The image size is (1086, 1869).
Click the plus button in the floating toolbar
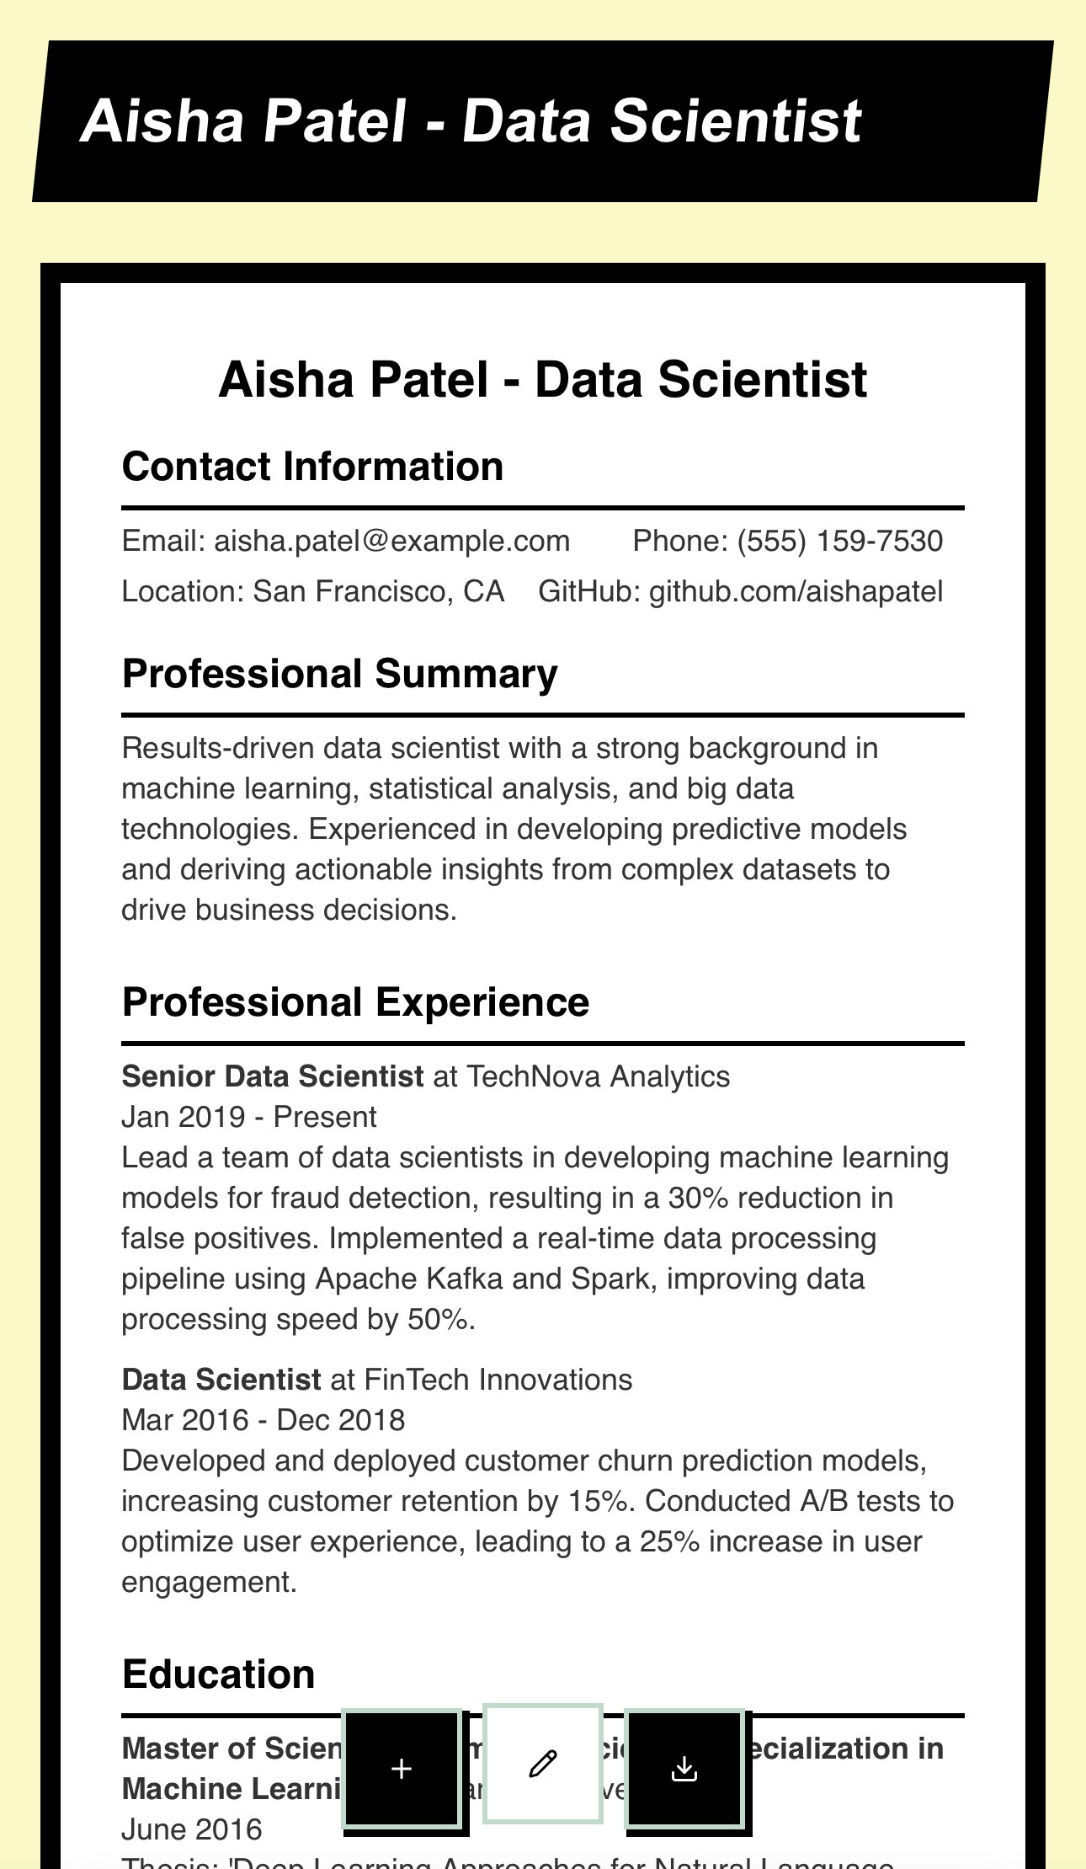pyautogui.click(x=402, y=1769)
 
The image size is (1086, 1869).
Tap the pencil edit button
pyautogui.click(x=543, y=1763)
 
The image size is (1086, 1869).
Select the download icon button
pyautogui.click(x=684, y=1769)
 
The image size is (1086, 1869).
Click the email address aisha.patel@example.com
pyautogui.click(x=391, y=541)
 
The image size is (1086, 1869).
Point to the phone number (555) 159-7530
pyautogui.click(x=839, y=541)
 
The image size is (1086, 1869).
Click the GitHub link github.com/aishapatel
pyautogui.click(x=796, y=591)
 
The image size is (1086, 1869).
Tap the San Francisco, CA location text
pyautogui.click(x=378, y=591)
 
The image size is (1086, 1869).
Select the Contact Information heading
pyautogui.click(x=312, y=467)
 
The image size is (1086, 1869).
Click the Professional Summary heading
pyautogui.click(x=339, y=674)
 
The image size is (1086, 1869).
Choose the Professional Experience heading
pyautogui.click(x=355, y=1002)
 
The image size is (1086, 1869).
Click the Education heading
pyautogui.click(x=218, y=1674)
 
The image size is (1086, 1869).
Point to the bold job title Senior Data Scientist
pyautogui.click(x=272, y=1076)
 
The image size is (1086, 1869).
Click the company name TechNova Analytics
pyautogui.click(x=598, y=1076)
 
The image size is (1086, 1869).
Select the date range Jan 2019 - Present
pyautogui.click(x=248, y=1117)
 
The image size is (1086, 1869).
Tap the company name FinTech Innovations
pyautogui.click(x=498, y=1380)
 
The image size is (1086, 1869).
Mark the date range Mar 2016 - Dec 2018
pyautogui.click(x=263, y=1420)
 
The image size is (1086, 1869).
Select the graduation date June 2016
pyautogui.click(x=192, y=1829)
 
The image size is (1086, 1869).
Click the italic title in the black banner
pyautogui.click(x=471, y=120)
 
